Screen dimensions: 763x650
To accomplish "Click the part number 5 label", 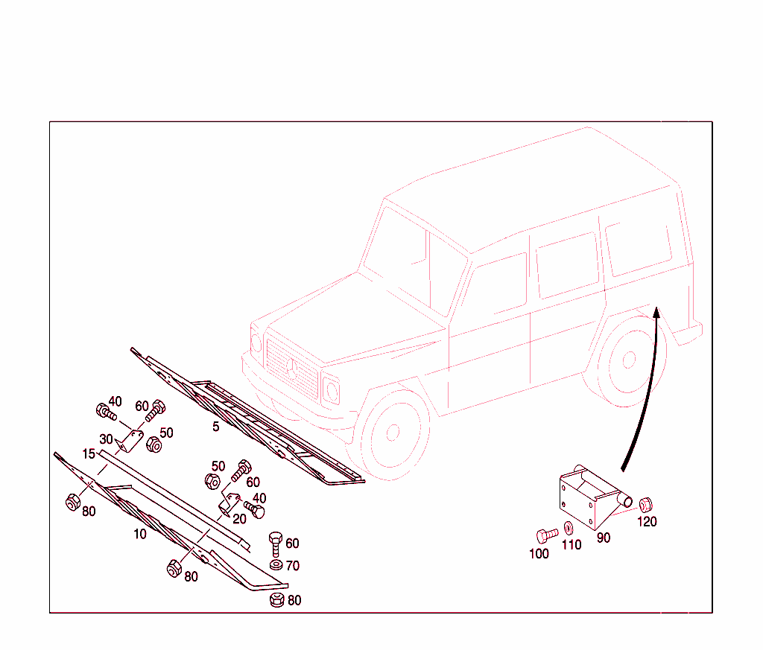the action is [216, 427].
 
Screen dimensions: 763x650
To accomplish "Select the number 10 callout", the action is [140, 535].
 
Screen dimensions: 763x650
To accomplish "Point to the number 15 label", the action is [89, 454].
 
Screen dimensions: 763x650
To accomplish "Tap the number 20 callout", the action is [239, 519].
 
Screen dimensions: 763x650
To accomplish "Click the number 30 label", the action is [106, 439].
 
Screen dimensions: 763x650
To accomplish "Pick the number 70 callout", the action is [292, 566].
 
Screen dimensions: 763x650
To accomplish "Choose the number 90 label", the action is [604, 538].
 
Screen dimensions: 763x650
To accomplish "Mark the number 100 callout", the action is [539, 554].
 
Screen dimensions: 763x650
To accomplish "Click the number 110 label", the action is [572, 545].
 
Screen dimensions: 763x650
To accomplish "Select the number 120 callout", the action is [647, 522].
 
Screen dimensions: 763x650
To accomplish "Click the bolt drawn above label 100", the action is [546, 535].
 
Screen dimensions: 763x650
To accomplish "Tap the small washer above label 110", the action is [568, 528].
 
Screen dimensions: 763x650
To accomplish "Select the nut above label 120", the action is [645, 505].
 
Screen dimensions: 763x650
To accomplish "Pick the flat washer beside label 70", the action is [276, 565].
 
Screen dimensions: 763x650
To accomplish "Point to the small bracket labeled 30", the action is [130, 441].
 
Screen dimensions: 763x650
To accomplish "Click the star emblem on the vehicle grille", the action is [291, 369].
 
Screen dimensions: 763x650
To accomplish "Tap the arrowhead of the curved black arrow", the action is [656, 312].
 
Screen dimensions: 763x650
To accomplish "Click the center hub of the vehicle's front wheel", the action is [393, 432].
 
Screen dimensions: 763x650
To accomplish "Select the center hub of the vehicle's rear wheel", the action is [629, 360].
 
